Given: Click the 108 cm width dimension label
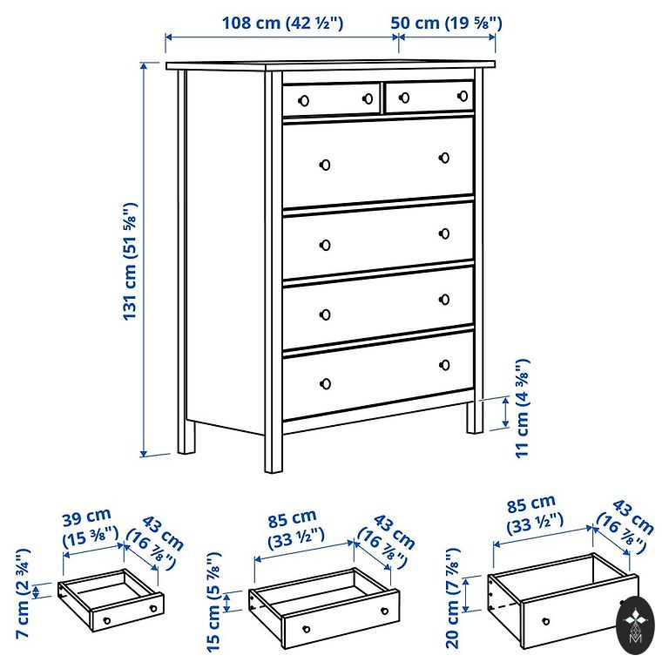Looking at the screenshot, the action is tap(282, 23).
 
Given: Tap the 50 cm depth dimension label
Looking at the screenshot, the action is tap(446, 23).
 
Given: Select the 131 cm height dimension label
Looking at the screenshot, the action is tap(130, 261).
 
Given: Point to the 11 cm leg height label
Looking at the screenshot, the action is tap(523, 409).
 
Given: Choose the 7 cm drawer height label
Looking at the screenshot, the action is tap(23, 593).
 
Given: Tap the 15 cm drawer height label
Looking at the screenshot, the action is tap(213, 602).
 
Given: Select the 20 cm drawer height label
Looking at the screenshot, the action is tap(452, 598).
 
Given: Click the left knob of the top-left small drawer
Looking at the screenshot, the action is tap(304, 101).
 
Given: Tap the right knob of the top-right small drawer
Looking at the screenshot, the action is tap(463, 96).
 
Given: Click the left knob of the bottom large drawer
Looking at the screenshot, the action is tap(325, 383).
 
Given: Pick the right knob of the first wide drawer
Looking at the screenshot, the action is tap(444, 158).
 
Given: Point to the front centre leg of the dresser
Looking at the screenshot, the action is tap(273, 452).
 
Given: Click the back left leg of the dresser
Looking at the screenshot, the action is tap(186, 436).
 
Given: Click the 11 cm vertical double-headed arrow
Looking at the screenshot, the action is tap(506, 412).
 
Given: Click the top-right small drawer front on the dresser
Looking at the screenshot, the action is tap(429, 97).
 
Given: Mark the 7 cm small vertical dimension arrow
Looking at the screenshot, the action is tap(37, 591).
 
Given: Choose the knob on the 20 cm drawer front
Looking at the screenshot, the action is tap(545, 621).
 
